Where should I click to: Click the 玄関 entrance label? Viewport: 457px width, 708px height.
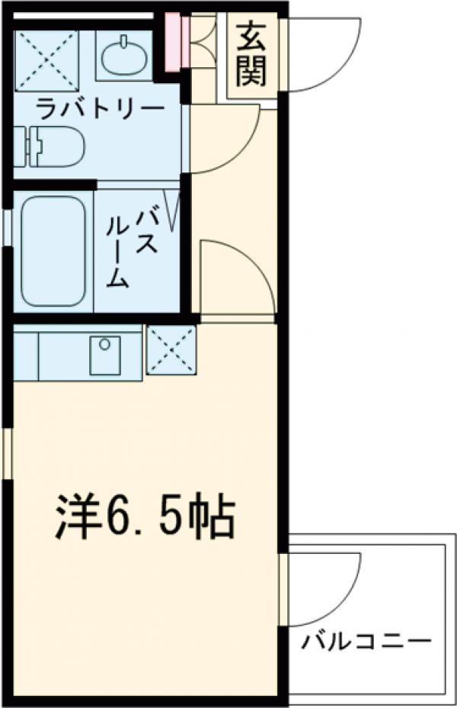click(249, 53)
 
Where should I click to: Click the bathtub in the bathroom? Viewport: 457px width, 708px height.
click(52, 251)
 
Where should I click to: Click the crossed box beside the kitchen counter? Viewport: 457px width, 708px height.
click(171, 350)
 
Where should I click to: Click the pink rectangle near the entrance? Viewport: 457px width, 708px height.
click(173, 42)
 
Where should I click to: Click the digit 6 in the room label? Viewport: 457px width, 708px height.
click(118, 518)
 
